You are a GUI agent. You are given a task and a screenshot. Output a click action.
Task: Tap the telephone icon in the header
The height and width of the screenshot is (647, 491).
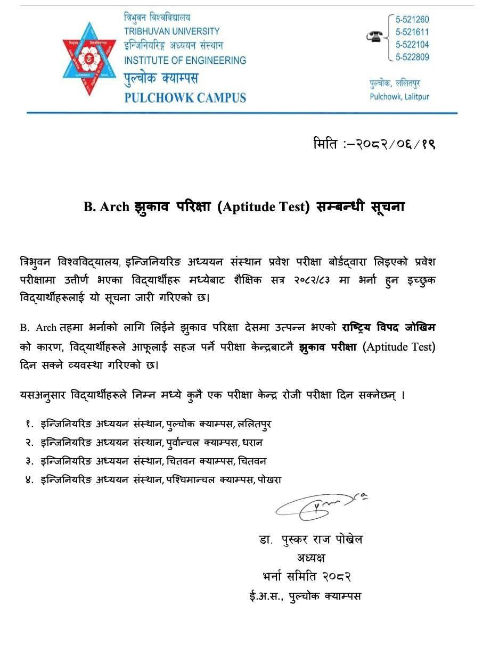(x=375, y=36)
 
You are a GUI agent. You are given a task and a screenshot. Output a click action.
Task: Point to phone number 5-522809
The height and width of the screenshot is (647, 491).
(x=412, y=57)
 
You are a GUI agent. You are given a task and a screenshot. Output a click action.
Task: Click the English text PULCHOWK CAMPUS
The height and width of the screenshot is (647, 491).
(x=185, y=98)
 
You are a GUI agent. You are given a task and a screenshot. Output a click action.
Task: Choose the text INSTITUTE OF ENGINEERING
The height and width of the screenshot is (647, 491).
(x=185, y=60)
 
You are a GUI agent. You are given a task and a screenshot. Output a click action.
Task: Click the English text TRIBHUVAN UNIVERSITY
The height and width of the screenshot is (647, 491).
(x=171, y=31)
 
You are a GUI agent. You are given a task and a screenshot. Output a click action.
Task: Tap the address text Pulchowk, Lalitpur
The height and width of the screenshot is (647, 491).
(x=399, y=97)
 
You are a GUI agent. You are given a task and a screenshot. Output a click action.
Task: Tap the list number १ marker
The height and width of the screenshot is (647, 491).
(x=29, y=424)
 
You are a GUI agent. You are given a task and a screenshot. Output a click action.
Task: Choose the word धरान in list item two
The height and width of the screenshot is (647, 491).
(x=252, y=442)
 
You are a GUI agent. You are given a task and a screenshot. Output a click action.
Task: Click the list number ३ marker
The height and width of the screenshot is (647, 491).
(x=29, y=461)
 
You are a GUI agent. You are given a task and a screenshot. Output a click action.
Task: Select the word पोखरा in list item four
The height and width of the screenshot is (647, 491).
(x=269, y=479)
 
